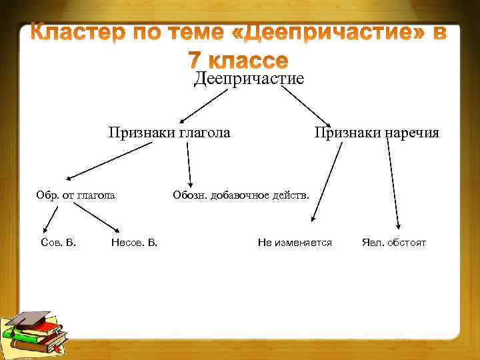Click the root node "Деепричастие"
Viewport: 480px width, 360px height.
249,79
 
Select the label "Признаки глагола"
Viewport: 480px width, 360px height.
170,133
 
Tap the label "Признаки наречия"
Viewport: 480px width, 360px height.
377,133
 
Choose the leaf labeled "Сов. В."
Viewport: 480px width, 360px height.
58,242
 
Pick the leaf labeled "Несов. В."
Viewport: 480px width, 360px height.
135,242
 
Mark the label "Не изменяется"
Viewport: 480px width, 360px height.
295,242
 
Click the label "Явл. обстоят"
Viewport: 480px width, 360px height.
393,242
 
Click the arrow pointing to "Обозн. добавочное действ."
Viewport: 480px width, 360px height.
189,165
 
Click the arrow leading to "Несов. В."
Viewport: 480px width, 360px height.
96,217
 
